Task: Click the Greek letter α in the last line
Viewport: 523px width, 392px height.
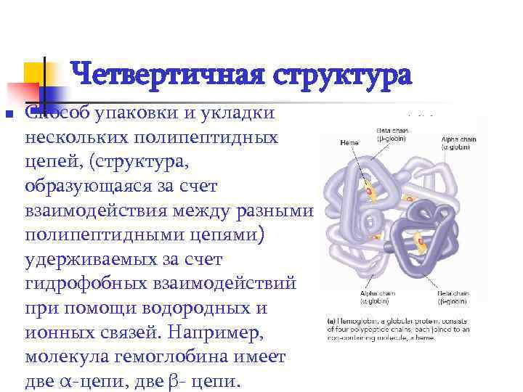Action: [x=64, y=383]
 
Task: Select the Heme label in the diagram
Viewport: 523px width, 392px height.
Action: [x=349, y=142]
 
